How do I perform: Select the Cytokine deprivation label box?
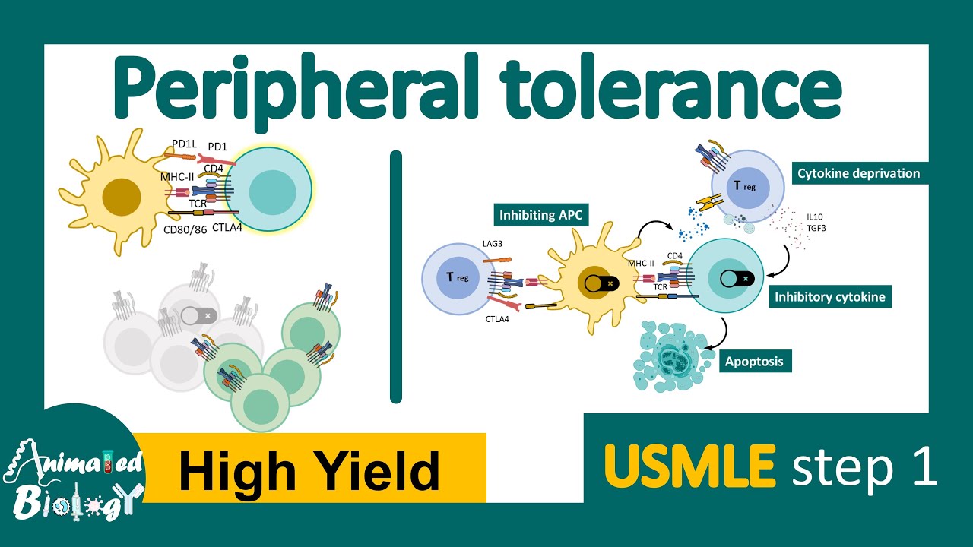[860, 173]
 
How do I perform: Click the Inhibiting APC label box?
[540, 215]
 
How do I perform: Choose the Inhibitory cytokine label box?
[830, 296]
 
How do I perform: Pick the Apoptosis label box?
[755, 361]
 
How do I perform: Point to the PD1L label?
[184, 144]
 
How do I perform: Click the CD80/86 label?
[185, 229]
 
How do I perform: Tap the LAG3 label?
[492, 244]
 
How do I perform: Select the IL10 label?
[815, 217]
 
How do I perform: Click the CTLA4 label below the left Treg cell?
[497, 319]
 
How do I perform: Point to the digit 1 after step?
[925, 466]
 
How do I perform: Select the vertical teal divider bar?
[396, 277]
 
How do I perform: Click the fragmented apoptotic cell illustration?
[673, 357]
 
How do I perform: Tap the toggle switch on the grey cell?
[198, 315]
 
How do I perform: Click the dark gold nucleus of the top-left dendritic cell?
[122, 197]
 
